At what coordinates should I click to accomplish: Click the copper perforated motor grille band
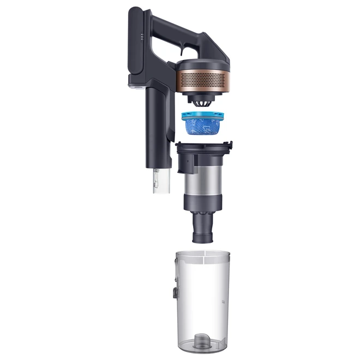click(202, 79)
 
